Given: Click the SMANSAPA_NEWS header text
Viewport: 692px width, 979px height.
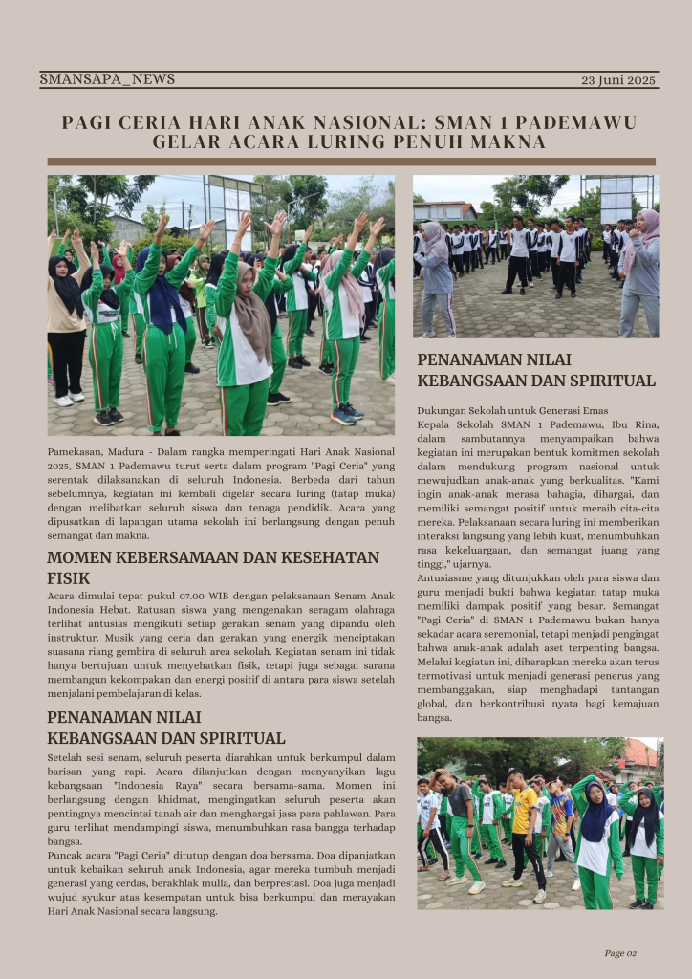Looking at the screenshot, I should tap(107, 79).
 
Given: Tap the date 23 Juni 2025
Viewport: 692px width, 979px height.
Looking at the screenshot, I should tap(618, 80).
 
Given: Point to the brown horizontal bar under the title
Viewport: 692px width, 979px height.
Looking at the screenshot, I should tap(351, 162).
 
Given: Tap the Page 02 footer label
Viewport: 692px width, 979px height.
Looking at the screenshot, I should tap(620, 952).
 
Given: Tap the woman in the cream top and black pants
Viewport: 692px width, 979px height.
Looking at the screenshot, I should tap(65, 315).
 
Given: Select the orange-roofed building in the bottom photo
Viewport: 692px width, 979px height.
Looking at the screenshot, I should tap(637, 758).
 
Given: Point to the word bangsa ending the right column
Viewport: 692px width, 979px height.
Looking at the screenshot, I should tap(435, 717).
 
